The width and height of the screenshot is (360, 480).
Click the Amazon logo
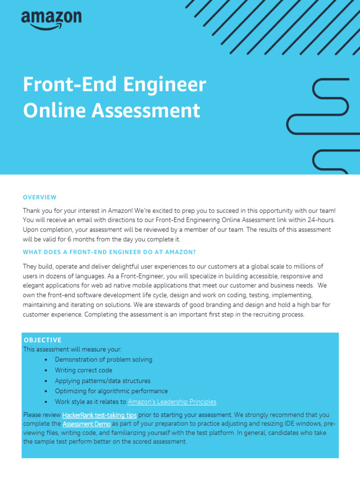point(51,20)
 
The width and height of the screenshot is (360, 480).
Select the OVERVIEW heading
point(40,197)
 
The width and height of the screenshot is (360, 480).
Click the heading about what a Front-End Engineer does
point(109,252)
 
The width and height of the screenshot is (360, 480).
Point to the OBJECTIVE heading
point(42,340)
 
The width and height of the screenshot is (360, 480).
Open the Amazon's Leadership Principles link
point(172,402)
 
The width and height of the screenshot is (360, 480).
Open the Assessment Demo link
point(87,424)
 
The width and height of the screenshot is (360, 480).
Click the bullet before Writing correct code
point(45,371)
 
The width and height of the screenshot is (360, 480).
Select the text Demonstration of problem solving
point(104,360)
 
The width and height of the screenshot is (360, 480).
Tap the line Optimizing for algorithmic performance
point(111,391)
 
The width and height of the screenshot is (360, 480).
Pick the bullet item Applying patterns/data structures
point(103,381)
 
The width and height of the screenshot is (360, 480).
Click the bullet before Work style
point(45,402)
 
